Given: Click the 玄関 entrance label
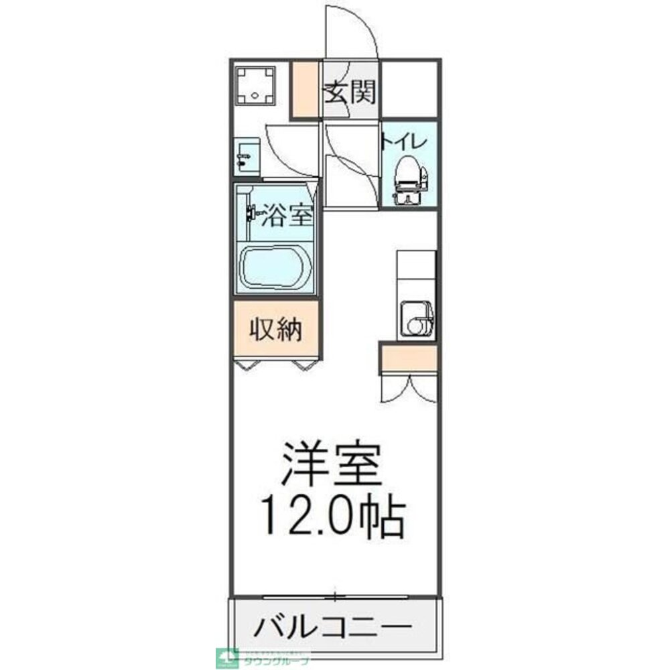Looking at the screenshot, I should [x=349, y=92].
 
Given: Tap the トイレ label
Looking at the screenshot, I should [x=404, y=141].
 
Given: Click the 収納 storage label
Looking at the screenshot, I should [x=276, y=330].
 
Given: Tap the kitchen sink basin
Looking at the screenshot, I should [x=414, y=320].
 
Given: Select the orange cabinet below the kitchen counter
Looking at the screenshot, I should [x=409, y=358].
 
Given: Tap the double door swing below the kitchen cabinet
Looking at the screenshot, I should [x=409, y=388].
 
